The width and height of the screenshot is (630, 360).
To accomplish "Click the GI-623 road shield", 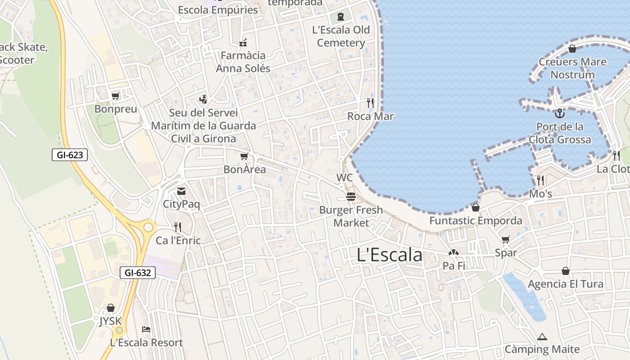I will click(x=70, y=155).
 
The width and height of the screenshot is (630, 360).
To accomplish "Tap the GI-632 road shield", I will click(x=138, y=272).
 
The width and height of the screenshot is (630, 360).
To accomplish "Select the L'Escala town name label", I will click(x=389, y=255).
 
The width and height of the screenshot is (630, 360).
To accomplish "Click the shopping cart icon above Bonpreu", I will click(x=116, y=96).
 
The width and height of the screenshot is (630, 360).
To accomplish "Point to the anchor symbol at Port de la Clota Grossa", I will click(x=559, y=113).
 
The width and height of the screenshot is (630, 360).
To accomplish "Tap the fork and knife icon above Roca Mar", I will click(x=370, y=103).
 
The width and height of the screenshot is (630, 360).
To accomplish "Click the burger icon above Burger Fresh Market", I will click(x=351, y=197).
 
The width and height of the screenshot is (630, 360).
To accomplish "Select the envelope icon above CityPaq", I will click(x=181, y=191).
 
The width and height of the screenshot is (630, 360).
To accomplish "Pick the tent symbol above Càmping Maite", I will click(x=542, y=337).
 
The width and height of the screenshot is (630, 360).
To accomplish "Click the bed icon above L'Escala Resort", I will click(x=146, y=329).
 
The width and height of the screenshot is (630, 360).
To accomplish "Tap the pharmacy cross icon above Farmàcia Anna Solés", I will click(x=243, y=43).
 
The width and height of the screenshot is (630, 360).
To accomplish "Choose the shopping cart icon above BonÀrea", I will click(x=244, y=156).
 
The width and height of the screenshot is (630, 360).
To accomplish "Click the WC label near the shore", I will click(x=345, y=178).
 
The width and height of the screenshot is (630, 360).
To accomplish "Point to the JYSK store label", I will click(x=111, y=321).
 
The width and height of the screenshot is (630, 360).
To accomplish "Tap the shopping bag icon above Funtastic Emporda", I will click(x=476, y=207).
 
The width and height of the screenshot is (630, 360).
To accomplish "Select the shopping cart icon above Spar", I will click(x=506, y=239).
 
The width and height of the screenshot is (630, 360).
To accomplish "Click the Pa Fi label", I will click(x=454, y=266).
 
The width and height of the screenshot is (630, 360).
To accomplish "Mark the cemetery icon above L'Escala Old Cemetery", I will click(x=341, y=17).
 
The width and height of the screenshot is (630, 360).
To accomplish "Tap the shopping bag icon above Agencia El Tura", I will click(x=566, y=271).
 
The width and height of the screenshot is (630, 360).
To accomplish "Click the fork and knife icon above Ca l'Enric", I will click(x=178, y=227).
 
